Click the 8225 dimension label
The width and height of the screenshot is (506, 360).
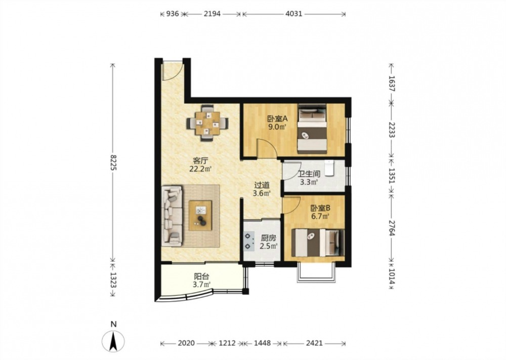(x=113, y=163)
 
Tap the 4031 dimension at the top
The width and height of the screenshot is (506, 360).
(x=294, y=14)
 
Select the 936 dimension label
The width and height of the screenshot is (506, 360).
(x=172, y=14)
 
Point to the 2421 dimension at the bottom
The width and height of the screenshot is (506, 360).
(x=314, y=343)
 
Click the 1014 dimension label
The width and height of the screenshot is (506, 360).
(x=392, y=276)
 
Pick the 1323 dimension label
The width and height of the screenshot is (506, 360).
(x=113, y=280)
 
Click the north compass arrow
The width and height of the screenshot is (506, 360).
(x=113, y=342)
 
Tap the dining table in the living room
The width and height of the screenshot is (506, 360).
(x=207, y=123)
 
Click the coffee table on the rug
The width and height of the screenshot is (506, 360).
(x=200, y=215)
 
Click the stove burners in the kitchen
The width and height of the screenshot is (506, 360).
(x=248, y=241)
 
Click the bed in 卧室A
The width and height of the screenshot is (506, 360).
(x=312, y=129)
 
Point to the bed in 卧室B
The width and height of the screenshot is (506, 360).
(x=318, y=243)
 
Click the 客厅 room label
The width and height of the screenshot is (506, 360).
(x=200, y=161)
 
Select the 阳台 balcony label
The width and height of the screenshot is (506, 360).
(x=201, y=276)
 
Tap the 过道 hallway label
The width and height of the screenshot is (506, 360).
(x=262, y=185)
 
